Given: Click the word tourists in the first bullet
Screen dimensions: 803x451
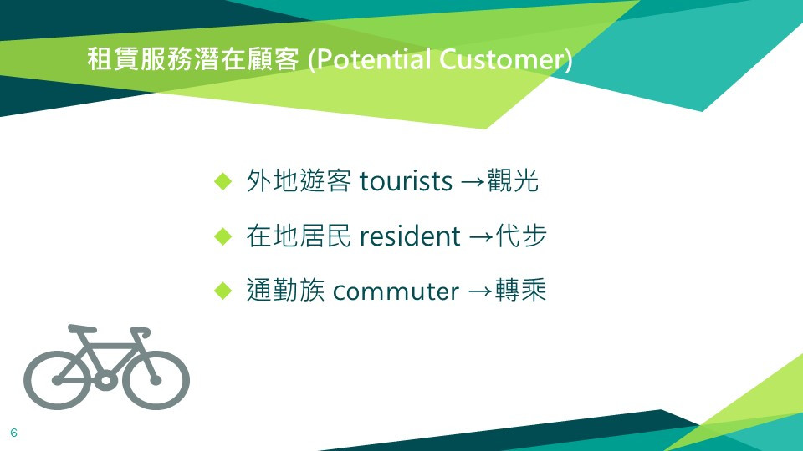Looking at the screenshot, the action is point(406,181).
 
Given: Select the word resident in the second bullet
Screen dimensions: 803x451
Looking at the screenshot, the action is point(410,236).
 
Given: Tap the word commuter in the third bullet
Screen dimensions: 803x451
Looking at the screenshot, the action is point(396,292).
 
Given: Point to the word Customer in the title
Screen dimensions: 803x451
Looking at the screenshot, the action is point(502,59).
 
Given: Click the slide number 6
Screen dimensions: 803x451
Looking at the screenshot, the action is point(14,433).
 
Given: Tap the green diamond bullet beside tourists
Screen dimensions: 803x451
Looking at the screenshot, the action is point(223,181).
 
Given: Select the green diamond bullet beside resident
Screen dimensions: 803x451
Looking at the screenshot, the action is point(223,236).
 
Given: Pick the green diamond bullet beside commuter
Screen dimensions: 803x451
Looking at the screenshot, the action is point(223,291).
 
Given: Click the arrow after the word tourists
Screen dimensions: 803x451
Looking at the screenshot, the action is point(473,183).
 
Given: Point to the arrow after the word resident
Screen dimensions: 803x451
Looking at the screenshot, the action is point(480,237).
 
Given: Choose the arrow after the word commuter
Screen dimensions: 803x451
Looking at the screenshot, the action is point(480,292).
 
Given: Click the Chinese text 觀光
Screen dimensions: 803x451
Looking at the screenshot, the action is point(513,180).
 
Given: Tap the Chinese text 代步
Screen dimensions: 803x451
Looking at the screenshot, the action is point(521,236).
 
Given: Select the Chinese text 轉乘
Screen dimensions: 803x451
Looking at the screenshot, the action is point(521,290).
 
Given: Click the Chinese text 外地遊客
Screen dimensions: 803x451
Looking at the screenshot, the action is point(299,180).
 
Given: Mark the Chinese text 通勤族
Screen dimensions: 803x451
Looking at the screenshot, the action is point(285,290).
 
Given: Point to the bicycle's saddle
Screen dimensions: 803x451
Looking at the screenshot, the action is point(82,328).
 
